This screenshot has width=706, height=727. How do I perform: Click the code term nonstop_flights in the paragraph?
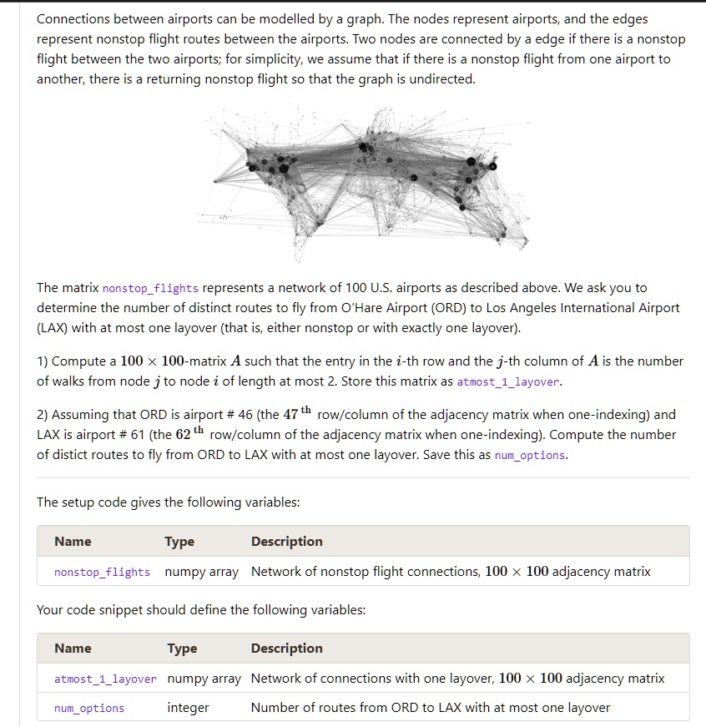(x=150, y=289)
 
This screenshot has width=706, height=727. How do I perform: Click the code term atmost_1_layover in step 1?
(x=509, y=382)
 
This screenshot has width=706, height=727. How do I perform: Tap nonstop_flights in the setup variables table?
(x=102, y=573)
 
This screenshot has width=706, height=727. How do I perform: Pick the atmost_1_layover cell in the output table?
(x=105, y=679)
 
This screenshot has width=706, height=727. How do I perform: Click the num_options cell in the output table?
(x=89, y=709)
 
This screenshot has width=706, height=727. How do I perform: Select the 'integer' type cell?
(x=188, y=708)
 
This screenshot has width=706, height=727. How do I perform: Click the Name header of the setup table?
(x=73, y=542)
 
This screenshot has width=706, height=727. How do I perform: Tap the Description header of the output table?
(x=286, y=649)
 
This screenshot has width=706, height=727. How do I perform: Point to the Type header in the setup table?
(x=179, y=542)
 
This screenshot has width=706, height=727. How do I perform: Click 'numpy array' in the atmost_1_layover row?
(x=204, y=679)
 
